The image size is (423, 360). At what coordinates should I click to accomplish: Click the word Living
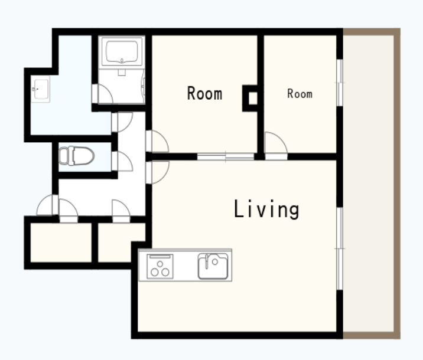tap(266, 209)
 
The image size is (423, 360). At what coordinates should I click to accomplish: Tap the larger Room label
tap(205, 93)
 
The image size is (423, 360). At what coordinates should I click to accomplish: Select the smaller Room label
tap(300, 94)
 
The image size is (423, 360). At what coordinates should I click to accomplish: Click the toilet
tap(76, 156)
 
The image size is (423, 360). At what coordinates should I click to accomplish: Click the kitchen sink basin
tap(213, 266)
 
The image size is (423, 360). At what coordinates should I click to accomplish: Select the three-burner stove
tap(160, 267)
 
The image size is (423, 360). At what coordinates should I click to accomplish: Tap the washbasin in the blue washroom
tap(40, 89)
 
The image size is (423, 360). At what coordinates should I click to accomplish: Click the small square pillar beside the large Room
tap(250, 98)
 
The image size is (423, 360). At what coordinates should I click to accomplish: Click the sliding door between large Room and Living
tap(226, 156)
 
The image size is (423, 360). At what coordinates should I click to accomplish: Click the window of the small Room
tap(340, 83)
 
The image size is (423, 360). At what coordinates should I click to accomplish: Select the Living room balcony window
tap(340, 248)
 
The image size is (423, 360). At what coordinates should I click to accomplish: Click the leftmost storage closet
tap(61, 243)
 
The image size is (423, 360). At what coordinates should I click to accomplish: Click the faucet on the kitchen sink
tap(207, 261)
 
